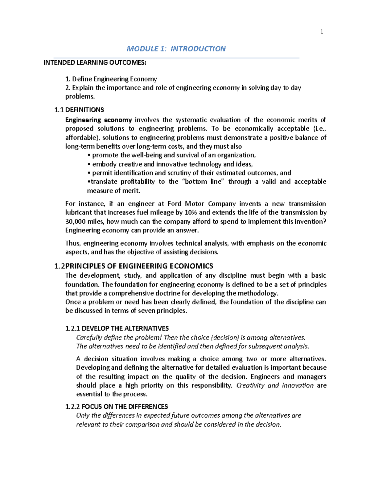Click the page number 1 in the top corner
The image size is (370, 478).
(x=322, y=32)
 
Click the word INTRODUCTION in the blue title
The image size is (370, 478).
(x=198, y=49)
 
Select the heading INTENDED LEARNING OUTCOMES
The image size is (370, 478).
(x=95, y=63)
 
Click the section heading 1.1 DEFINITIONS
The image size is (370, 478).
(x=79, y=110)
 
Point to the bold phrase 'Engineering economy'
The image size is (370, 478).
(x=98, y=120)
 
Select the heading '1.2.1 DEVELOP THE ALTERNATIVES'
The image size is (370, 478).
(x=117, y=328)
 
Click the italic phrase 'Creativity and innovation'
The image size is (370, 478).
(x=274, y=385)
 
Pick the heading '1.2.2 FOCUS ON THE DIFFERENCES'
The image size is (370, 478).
(x=117, y=407)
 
